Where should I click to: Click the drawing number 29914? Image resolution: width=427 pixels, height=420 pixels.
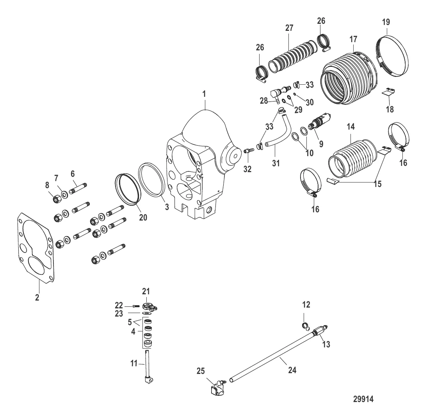[x=363, y=399]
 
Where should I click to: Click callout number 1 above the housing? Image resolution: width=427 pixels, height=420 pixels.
[x=204, y=94]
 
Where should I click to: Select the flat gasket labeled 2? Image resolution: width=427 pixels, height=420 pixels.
[x=36, y=247]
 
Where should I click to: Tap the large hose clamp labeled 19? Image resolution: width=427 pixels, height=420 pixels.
[x=393, y=56]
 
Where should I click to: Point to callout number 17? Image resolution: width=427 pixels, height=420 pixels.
[x=353, y=39]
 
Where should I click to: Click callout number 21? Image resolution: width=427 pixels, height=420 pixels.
[x=146, y=292]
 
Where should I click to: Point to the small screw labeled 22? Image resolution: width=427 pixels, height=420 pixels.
[x=137, y=306]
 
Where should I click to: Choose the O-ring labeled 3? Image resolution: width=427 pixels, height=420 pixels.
[x=151, y=180]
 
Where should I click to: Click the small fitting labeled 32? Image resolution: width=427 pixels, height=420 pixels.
[x=249, y=151]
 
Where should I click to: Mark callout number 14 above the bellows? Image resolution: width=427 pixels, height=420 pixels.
[x=351, y=126]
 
